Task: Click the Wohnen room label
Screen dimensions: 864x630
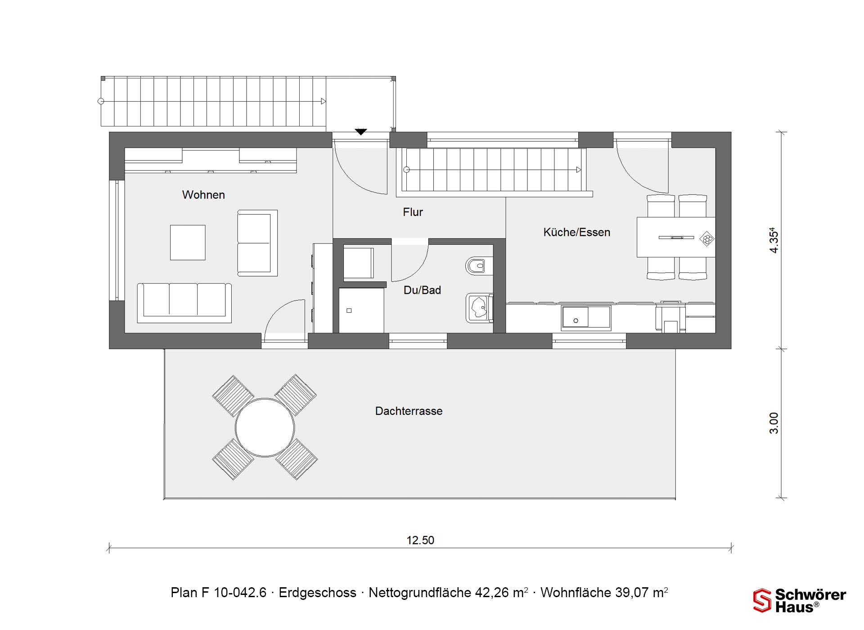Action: [203, 195]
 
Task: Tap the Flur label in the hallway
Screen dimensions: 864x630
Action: [413, 212]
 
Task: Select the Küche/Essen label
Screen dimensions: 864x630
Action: [576, 232]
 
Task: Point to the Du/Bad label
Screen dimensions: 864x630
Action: [422, 290]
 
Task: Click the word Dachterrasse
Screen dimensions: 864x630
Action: [409, 411]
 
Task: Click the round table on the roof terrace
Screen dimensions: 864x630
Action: [265, 427]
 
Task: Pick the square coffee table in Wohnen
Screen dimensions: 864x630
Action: [188, 243]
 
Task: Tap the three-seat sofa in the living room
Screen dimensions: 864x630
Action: [184, 303]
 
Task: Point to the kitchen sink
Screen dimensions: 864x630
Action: [586, 318]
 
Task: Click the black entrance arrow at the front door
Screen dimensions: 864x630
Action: [361, 132]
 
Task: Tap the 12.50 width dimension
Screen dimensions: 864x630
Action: [420, 540]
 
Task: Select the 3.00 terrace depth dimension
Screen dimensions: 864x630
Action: [774, 423]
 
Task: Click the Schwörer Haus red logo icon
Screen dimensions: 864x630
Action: [762, 600]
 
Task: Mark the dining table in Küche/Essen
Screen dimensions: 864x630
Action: [676, 237]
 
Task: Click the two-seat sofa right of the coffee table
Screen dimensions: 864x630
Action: [257, 243]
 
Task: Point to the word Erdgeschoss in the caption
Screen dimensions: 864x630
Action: [317, 593]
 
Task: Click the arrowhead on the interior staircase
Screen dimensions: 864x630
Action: [579, 170]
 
